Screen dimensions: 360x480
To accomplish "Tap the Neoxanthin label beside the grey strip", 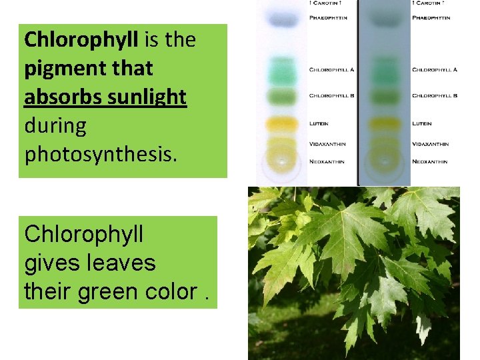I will (x=430, y=162).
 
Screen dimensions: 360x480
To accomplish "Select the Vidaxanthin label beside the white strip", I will (x=327, y=144).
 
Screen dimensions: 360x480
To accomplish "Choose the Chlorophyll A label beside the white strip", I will (x=331, y=69).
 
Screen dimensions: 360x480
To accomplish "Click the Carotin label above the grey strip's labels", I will (x=430, y=3).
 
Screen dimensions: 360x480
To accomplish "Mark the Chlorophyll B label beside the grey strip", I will (x=435, y=96).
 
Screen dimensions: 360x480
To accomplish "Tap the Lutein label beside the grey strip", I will (x=422, y=123).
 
